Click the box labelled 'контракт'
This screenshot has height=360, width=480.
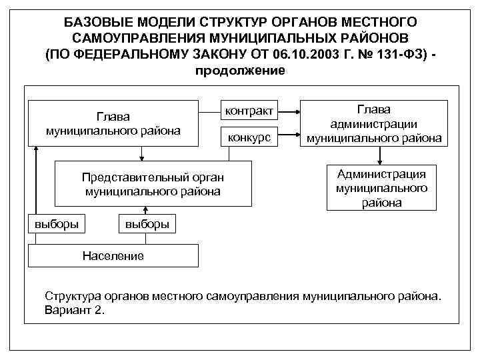coord(249,111)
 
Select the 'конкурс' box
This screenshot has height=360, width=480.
coord(249,137)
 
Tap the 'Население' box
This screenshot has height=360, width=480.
coord(113,255)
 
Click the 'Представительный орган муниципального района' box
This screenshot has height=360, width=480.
coord(153,183)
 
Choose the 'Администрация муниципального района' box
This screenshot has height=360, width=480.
coord(381,188)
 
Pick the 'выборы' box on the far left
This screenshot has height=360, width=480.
coord(56,223)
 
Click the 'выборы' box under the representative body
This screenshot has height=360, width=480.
coord(147,223)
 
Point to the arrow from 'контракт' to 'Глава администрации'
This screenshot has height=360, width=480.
coord(288,111)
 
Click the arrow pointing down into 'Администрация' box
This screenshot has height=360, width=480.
coord(381,156)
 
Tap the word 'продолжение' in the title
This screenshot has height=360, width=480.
coord(239,70)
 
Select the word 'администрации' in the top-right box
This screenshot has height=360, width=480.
coord(374,124)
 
